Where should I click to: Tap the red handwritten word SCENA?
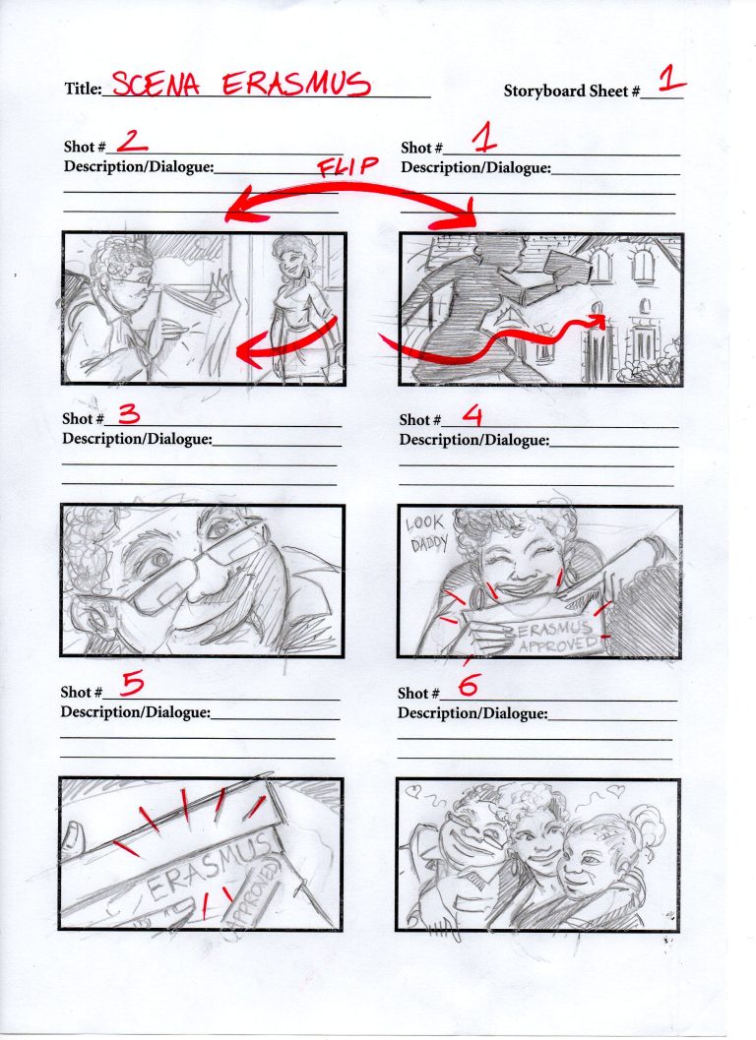pos(156,85)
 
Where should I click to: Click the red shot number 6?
pos(469,686)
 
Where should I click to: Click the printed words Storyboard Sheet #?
pos(572,92)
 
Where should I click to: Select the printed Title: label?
pos(83,90)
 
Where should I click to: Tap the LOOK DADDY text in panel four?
pos(426,532)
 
